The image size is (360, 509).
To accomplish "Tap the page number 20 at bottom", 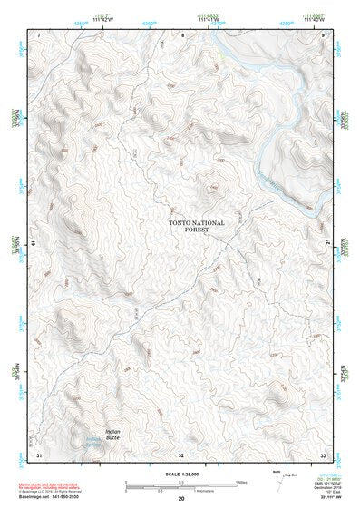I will click(x=180, y=500).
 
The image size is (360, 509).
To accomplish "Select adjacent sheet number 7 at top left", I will click(x=39, y=34).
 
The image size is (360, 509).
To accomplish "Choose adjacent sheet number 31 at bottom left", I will click(x=39, y=453).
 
